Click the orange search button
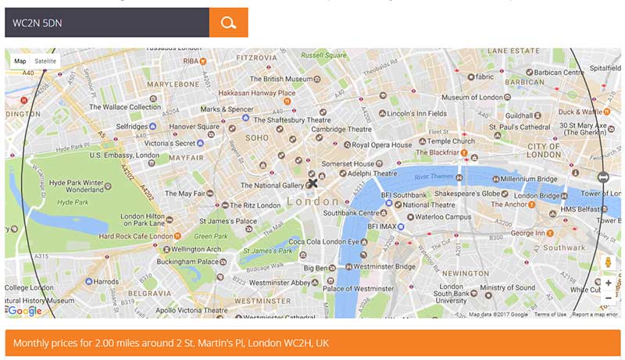[x=228, y=23]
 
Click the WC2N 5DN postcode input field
[x=107, y=23]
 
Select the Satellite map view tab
[x=45, y=61]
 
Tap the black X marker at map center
[x=313, y=183]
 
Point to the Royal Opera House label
[x=381, y=144]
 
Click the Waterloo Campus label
[x=442, y=216]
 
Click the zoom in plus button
[x=608, y=283]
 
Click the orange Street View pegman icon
[x=608, y=262]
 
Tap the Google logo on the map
[x=24, y=311]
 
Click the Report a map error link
[x=596, y=315]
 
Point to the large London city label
[x=313, y=201]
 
